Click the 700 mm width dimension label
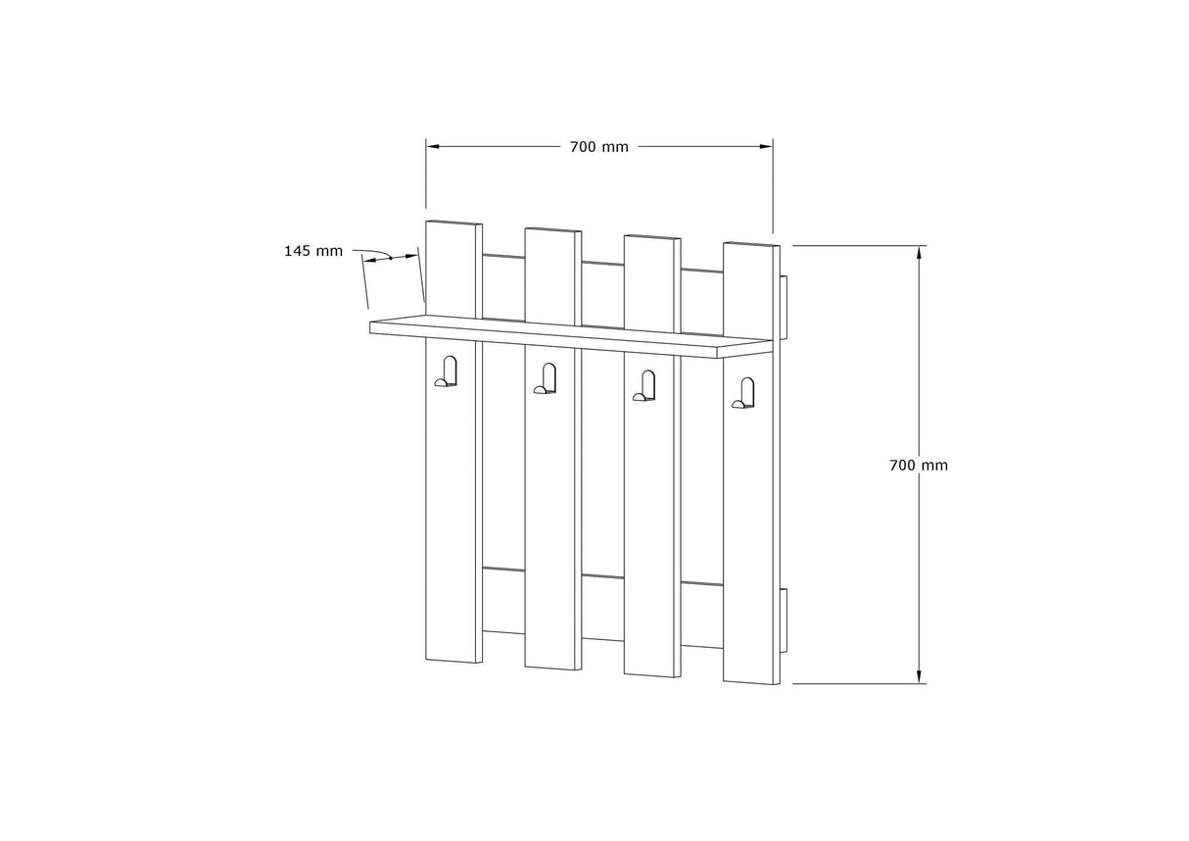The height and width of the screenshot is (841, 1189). (598, 147)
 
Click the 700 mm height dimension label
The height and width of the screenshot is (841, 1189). (918, 466)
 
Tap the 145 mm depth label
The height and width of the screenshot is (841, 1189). (313, 251)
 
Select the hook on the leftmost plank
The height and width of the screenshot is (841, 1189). (448, 371)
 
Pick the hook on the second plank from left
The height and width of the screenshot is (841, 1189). (547, 379)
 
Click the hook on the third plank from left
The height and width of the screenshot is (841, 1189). (645, 386)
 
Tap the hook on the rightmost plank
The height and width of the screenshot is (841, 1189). (744, 393)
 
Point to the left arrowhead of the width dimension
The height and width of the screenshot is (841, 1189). (432, 146)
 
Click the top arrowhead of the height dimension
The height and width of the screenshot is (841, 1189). (919, 252)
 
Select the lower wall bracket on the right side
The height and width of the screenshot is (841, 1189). (784, 619)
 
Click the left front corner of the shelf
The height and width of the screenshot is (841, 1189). (371, 327)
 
